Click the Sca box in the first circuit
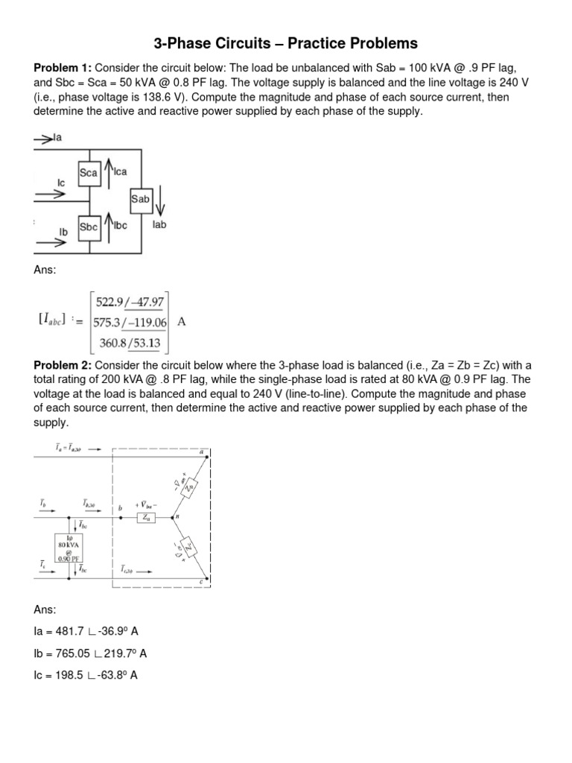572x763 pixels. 89,173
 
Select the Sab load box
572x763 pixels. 140,199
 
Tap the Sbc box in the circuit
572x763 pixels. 89,227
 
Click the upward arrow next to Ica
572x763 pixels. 109,172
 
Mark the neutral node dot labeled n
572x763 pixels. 171,516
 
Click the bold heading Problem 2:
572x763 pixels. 63,365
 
